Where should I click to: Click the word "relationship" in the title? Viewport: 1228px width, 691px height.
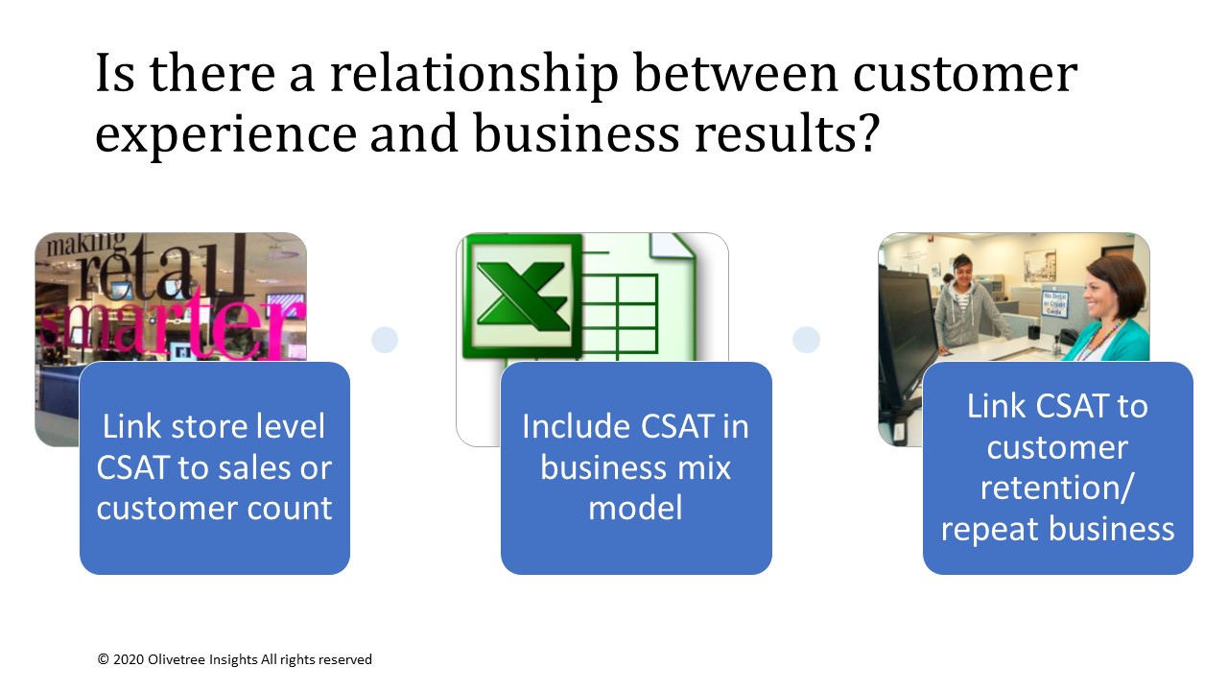coord(474,75)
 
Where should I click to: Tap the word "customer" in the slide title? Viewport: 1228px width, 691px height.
coord(965,74)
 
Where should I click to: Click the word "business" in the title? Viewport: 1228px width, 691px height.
coord(577,132)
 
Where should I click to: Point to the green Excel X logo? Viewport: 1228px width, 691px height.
coord(522,297)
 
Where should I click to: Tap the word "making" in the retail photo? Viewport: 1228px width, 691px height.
coord(86,244)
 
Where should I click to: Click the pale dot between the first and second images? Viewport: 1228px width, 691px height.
coord(385,340)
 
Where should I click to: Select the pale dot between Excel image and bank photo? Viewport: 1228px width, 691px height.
coord(806,340)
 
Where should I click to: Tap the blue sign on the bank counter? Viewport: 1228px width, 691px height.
coord(1054,303)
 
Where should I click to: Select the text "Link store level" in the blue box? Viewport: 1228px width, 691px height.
coord(214,427)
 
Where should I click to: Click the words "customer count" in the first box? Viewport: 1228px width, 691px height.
coord(214,508)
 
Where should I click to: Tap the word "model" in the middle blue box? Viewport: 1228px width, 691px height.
coord(635,508)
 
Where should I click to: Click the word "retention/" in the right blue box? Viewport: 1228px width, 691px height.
coord(1056,488)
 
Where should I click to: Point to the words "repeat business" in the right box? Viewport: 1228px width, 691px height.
coord(1057,529)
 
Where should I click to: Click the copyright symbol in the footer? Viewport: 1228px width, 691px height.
coord(103,659)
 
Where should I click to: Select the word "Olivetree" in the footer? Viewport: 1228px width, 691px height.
coord(175,659)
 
